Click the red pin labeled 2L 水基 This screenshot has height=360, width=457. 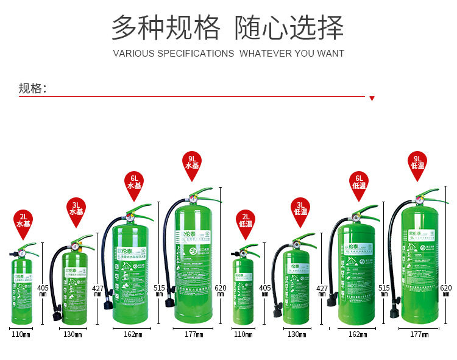(x=24, y=221)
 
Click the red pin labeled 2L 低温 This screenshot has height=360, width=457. (x=245, y=221)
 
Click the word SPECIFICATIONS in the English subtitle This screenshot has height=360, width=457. (x=196, y=54)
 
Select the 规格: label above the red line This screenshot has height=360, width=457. (x=32, y=88)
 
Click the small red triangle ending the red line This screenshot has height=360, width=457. (x=372, y=98)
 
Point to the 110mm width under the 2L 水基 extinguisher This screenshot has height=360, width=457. (x=21, y=334)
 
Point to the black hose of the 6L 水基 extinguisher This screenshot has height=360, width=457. (x=106, y=256)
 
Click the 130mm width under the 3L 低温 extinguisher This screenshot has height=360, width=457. (x=297, y=334)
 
